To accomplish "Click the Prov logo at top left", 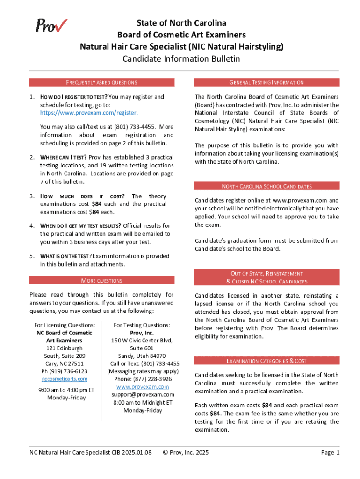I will coord(51,26).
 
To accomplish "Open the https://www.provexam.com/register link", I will coord(82,113).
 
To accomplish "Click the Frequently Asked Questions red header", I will coord(101,82).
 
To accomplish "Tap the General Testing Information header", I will coord(266,82).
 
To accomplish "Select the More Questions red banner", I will coord(101,281).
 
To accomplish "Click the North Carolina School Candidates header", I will coord(266,186).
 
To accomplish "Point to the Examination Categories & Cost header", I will coord(266,361).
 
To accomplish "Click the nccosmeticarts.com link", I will coord(65,379).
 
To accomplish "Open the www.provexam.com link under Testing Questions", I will coord(142,387).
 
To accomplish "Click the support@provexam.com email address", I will coord(142,395).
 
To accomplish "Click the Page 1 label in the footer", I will coord(330,452).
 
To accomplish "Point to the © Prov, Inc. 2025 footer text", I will coord(185,452).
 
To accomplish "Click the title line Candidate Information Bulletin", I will coord(181,59).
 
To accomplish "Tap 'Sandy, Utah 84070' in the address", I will coord(142,356).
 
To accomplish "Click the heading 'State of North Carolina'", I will coord(181,23).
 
